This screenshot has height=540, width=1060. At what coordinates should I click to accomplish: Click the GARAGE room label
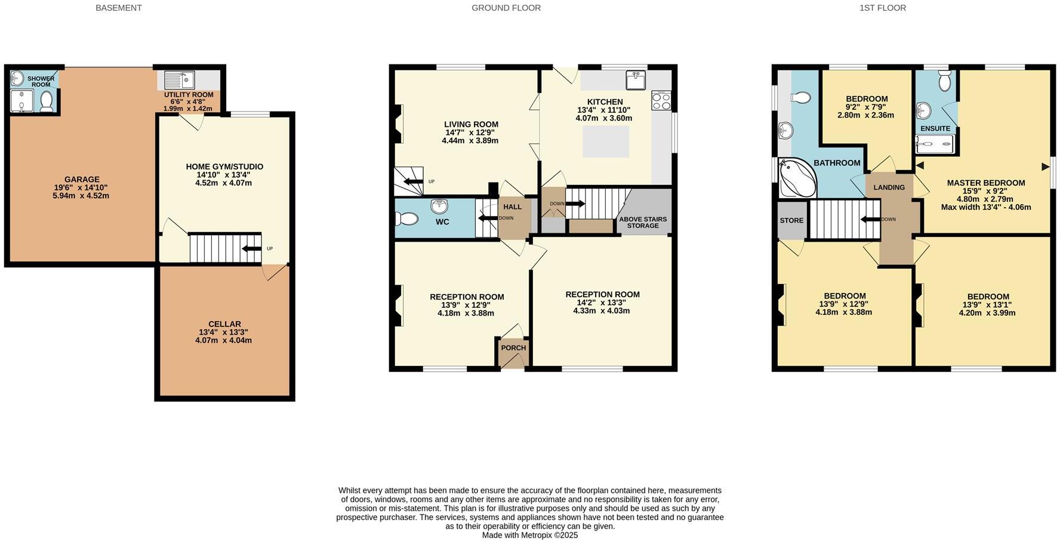click(x=82, y=179)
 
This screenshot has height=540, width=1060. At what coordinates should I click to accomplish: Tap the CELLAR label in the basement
click(x=224, y=324)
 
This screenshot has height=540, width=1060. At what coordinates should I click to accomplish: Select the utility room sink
click(x=179, y=80)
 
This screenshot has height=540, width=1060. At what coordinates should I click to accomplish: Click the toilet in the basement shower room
click(x=47, y=101)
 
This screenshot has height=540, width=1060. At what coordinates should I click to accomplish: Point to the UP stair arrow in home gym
click(x=251, y=249)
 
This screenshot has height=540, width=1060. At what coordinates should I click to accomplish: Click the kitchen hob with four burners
click(x=661, y=100)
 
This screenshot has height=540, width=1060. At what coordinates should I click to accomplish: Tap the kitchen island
click(x=605, y=141)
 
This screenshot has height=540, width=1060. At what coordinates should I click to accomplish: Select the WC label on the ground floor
click(x=442, y=222)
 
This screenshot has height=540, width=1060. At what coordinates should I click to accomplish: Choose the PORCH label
click(x=513, y=348)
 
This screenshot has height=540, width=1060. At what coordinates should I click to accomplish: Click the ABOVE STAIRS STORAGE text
click(x=643, y=223)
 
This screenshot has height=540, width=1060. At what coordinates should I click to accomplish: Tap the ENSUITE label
click(x=935, y=128)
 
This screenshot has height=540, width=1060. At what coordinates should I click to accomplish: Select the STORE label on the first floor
click(x=791, y=220)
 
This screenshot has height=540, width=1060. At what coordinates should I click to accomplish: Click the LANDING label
click(x=889, y=187)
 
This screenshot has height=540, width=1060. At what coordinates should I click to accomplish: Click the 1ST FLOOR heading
click(x=882, y=8)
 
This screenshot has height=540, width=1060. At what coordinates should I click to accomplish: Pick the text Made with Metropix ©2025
click(x=529, y=535)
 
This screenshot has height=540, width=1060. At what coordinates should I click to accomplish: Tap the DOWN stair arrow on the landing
click(x=870, y=219)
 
